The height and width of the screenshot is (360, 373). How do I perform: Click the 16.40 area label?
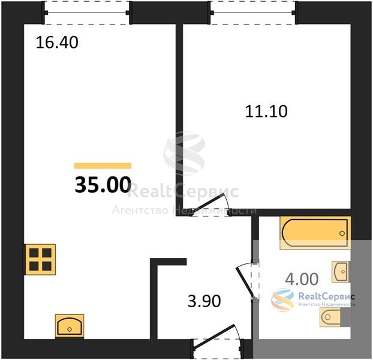tap(57, 43)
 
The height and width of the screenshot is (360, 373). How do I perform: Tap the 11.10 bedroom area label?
tap(266, 112)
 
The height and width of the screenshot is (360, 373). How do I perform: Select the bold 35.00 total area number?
tap(103, 185)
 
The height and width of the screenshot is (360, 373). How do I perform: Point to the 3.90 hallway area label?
tap(204, 301)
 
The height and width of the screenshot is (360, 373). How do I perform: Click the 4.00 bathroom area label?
tap(302, 279)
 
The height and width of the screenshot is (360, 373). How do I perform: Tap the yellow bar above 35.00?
tap(103, 166)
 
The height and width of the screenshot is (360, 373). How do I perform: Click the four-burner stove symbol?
tap(40, 260)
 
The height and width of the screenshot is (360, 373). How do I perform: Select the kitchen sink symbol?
tap(70, 326)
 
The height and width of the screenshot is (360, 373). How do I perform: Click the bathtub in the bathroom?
tap(315, 233)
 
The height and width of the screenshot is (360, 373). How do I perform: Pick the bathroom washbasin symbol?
tap(341, 272)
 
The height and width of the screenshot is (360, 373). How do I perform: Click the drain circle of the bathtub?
tap(342, 233)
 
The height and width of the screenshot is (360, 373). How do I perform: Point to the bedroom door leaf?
tap(207, 204)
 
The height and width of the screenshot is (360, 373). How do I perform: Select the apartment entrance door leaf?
tap(214, 337)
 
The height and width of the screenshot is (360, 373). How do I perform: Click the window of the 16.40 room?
tap(87, 13)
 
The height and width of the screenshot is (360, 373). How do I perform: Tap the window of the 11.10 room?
tap(253, 13)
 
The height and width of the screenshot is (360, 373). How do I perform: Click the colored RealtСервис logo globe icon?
tap(282, 300)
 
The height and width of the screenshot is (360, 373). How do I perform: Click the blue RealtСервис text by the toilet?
tap(327, 296)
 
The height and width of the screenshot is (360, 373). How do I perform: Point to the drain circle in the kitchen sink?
tap(70, 329)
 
